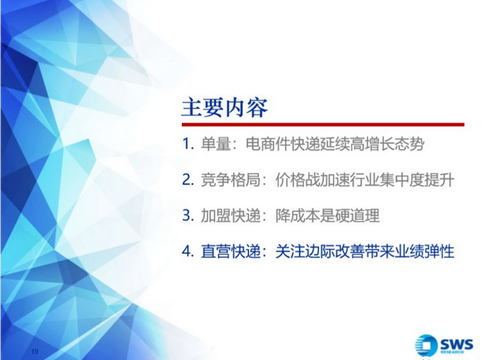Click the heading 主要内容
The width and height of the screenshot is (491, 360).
[225, 108]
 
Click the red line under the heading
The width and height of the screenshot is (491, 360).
[323, 124]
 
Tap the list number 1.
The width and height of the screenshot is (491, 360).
[187, 145]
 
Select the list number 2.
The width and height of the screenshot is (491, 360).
[187, 180]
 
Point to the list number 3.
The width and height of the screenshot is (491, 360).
[187, 215]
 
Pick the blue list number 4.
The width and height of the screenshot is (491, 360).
[187, 251]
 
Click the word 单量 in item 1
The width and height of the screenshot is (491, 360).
[215, 145]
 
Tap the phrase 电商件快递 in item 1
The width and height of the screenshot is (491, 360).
[283, 145]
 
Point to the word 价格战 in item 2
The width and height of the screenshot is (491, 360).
[297, 180]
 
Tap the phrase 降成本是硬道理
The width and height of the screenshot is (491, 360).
[327, 215]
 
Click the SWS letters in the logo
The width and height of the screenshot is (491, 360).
[457, 344]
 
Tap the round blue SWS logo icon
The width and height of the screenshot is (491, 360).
[426, 345]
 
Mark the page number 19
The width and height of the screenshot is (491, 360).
[35, 352]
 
